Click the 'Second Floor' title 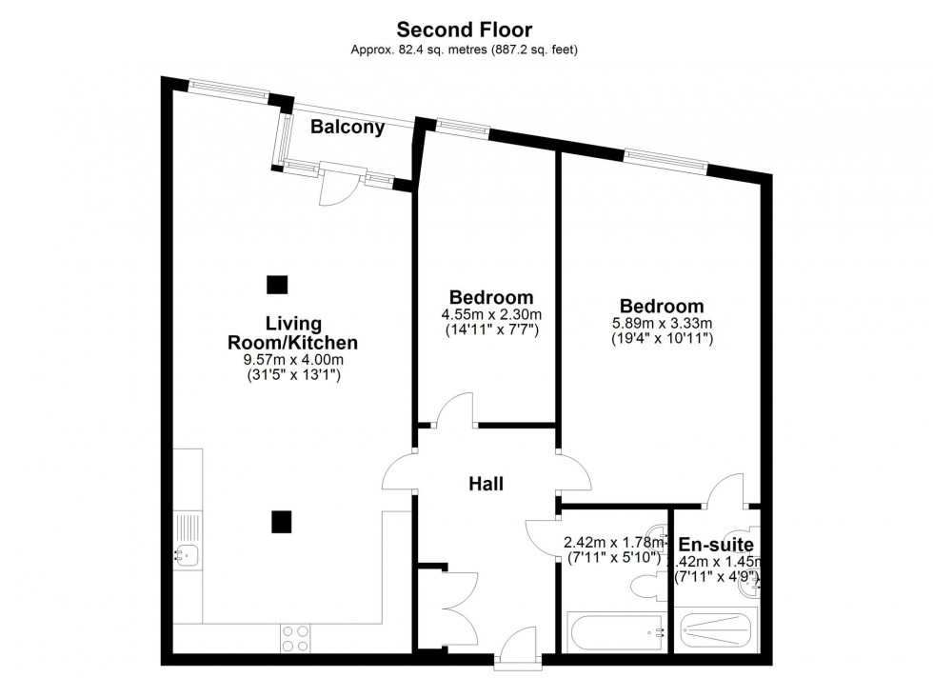point(466,30)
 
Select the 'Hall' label point(486,484)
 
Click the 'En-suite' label point(716,544)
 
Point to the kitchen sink point(185,554)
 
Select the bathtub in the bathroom point(614,629)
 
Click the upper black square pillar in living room point(277,284)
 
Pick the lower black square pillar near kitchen point(281,521)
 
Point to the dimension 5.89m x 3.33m point(662,324)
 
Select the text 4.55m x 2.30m point(491,315)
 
